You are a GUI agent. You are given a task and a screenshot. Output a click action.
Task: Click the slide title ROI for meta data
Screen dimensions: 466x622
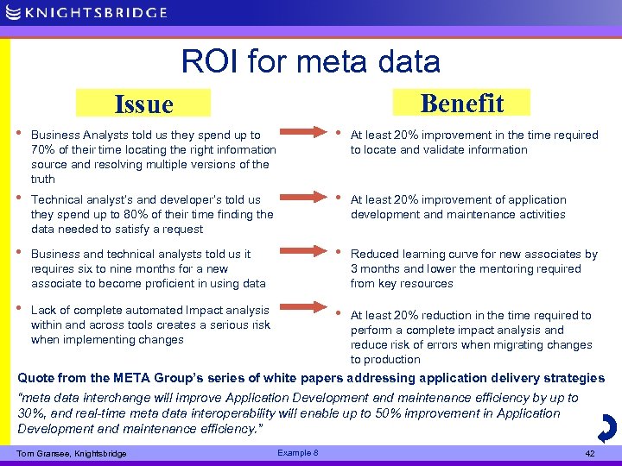pyautogui.click(x=310, y=61)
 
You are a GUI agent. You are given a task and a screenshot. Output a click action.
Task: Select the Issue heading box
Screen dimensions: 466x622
pyautogui.click(x=143, y=104)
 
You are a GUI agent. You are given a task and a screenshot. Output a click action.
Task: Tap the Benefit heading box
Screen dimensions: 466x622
pyautogui.click(x=461, y=103)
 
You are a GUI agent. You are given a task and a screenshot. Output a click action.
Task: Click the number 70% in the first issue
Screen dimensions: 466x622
pyautogui.click(x=42, y=150)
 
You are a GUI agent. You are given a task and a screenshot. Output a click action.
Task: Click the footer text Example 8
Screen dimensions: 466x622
pyautogui.click(x=298, y=453)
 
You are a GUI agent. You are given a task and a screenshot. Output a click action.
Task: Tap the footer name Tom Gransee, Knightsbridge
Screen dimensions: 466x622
pyautogui.click(x=71, y=454)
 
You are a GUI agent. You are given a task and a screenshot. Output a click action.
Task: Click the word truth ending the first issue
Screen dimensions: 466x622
pyautogui.click(x=42, y=179)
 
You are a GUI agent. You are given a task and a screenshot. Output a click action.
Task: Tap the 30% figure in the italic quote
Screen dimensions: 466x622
pyautogui.click(x=31, y=413)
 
